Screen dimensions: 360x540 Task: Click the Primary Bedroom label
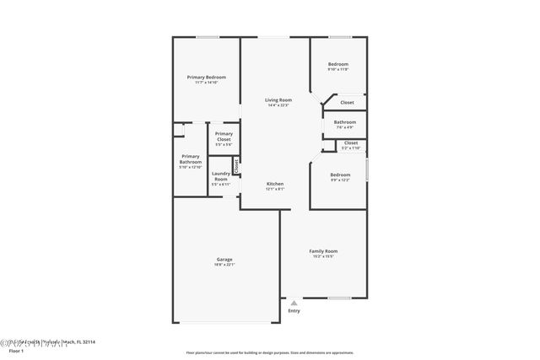pyautogui.click(x=207, y=77)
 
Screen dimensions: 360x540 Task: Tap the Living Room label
pyautogui.click(x=278, y=99)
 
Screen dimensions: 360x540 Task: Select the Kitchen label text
pyautogui.click(x=275, y=183)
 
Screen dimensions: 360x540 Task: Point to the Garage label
pyautogui.click(x=224, y=259)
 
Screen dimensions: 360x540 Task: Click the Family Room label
pyautogui.click(x=323, y=250)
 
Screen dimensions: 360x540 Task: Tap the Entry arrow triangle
pyautogui.click(x=294, y=303)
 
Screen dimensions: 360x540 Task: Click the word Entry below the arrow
pyautogui.click(x=294, y=311)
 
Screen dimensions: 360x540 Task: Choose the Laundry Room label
pyautogui.click(x=220, y=177)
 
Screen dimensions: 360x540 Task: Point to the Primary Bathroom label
pyautogui.click(x=191, y=159)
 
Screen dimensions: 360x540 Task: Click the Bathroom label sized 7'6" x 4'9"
pyautogui.click(x=344, y=122)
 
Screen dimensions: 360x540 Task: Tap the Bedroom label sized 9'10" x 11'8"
pyautogui.click(x=337, y=64)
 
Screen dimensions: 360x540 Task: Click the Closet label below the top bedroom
pyautogui.click(x=348, y=103)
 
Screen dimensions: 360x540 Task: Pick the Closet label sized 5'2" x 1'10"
pyautogui.click(x=351, y=142)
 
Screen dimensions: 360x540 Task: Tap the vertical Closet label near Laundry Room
pyautogui.click(x=237, y=166)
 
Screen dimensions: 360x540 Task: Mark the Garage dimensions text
pyautogui.click(x=224, y=265)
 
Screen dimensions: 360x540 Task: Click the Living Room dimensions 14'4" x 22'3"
pyautogui.click(x=278, y=105)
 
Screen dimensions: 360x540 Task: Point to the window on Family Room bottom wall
pyautogui.click(x=339, y=298)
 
